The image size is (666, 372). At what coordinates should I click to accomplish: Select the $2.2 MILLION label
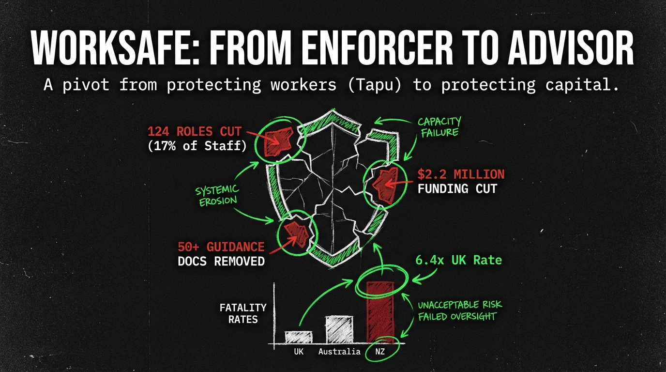point(460,174)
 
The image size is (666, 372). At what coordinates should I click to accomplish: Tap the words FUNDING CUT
point(457,188)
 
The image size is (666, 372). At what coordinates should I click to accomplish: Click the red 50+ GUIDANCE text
point(221,247)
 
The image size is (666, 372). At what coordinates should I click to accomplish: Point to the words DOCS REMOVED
point(221,262)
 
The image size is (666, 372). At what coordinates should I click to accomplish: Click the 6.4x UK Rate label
point(459,261)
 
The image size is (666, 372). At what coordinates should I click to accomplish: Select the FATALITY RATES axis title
point(243,313)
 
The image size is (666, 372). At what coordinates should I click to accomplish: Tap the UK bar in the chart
point(299,337)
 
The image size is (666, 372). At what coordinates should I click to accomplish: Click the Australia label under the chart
point(339,352)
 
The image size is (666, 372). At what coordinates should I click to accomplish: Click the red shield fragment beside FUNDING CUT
point(386,186)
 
